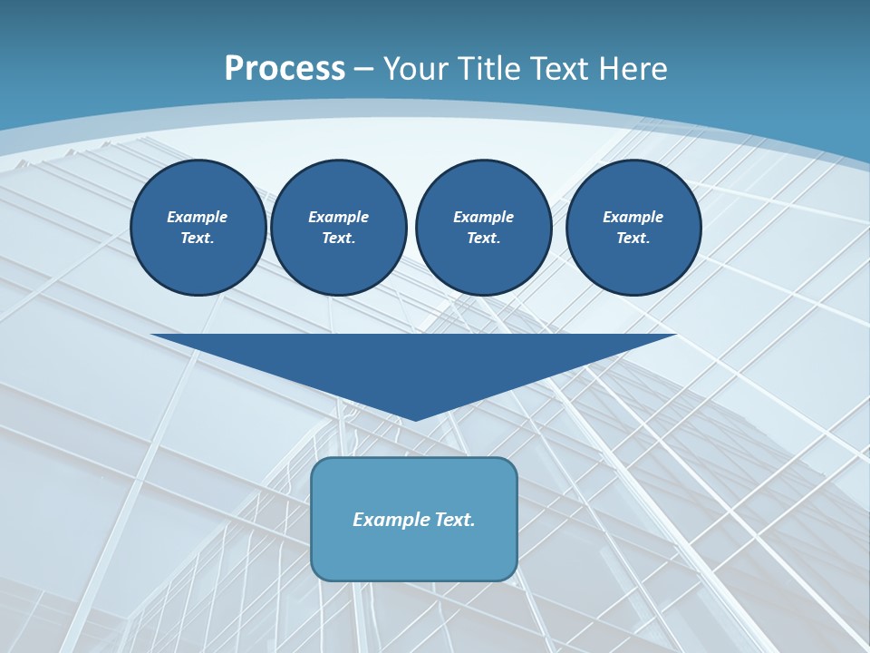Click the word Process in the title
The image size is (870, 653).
coord(285,69)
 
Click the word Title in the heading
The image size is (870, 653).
coord(488,69)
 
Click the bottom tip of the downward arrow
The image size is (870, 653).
coord(415,418)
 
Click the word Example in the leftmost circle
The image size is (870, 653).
coord(198,218)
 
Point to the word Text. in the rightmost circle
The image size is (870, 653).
coord(633,239)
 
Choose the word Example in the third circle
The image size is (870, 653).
coord(483,218)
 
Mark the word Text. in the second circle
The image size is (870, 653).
coord(338,239)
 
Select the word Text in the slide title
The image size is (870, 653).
coord(557,69)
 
